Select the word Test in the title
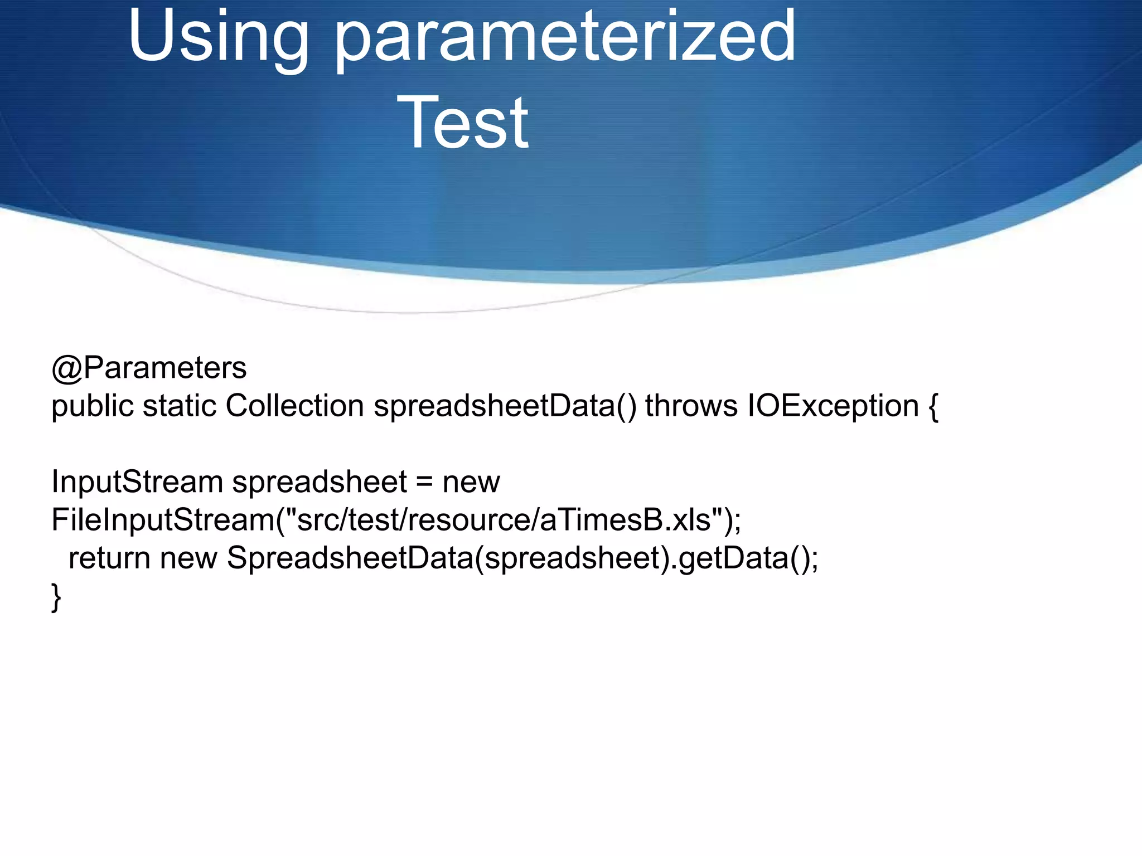[462, 123]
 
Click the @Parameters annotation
[149, 368]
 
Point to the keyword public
[93, 406]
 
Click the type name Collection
[294, 406]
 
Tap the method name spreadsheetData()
[505, 406]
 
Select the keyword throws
[691, 406]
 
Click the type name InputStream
[137, 481]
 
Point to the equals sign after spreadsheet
[424, 483]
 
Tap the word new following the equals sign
[471, 483]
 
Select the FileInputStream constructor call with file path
[396, 520]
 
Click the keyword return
[109, 558]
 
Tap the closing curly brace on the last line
[56, 597]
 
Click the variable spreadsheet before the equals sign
[320, 481]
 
